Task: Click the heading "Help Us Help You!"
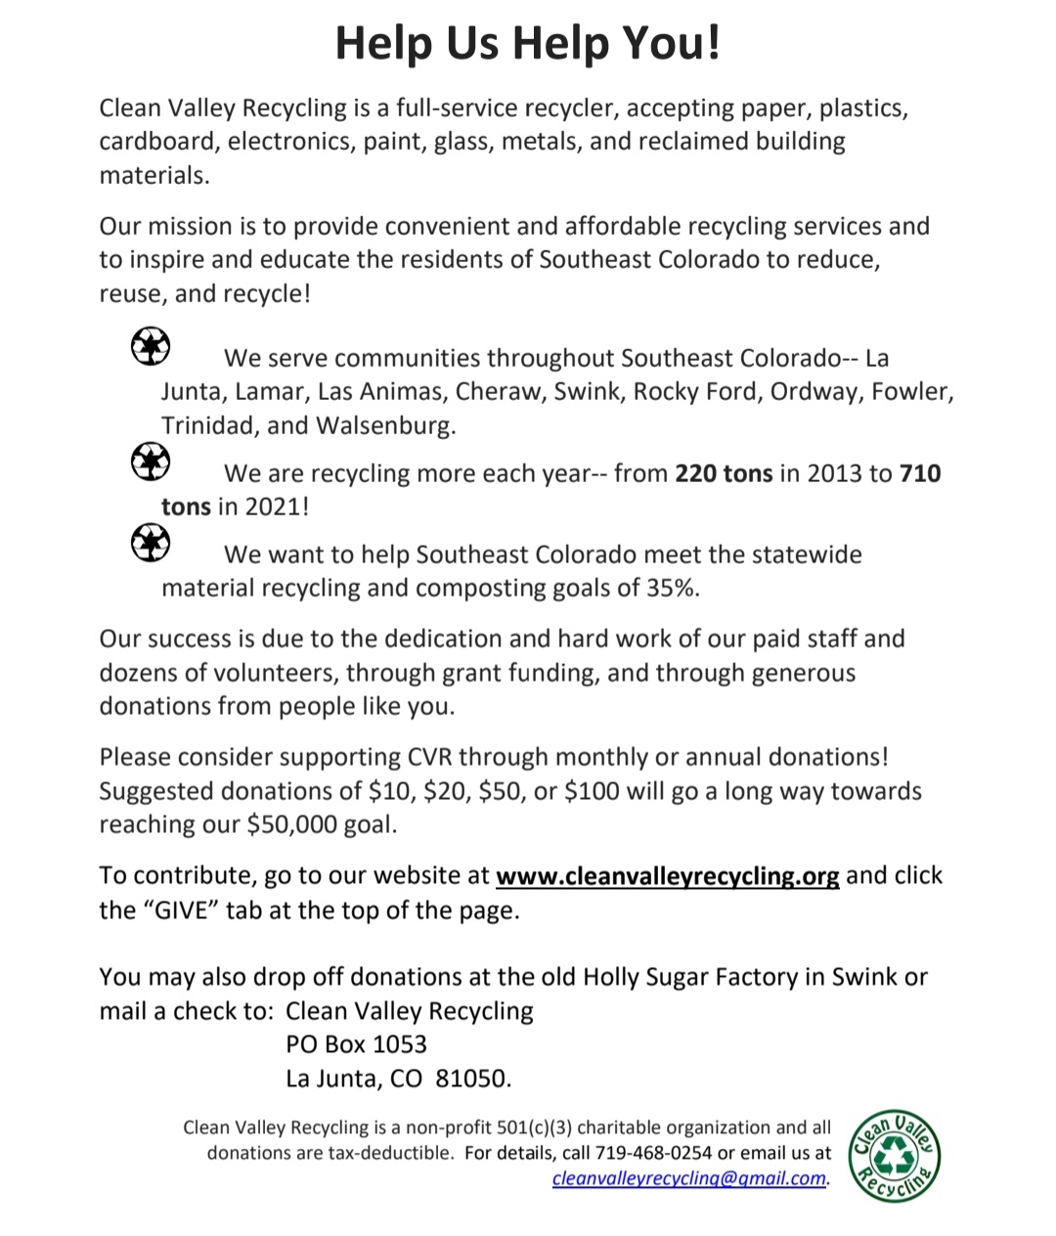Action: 528,43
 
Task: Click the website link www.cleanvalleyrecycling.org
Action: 667,876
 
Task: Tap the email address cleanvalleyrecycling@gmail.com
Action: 689,1178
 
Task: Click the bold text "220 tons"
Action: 724,474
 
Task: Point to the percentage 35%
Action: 673,589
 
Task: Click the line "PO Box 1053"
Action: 356,1044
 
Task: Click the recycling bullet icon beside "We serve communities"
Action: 151,347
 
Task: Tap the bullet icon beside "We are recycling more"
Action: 151,463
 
